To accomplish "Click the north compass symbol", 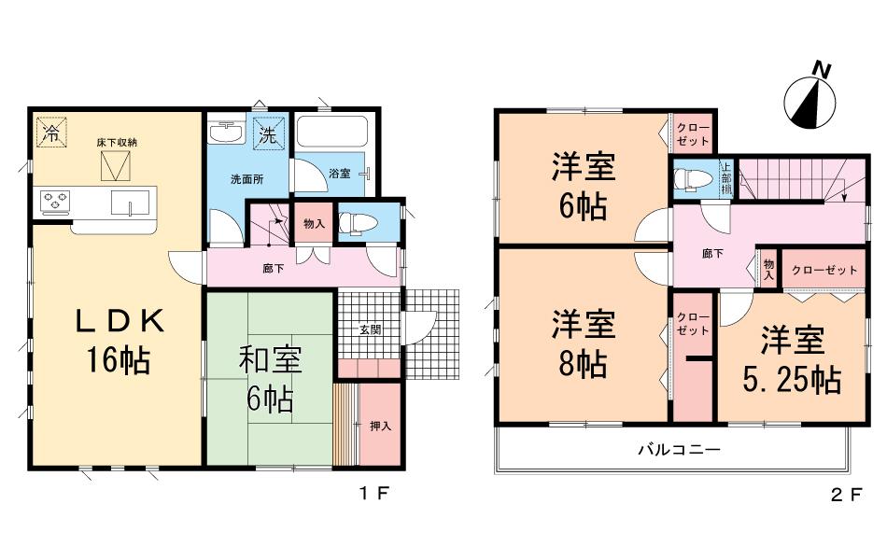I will pos(810,98).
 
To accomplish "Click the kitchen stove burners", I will pos(55,200).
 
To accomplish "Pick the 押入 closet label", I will pos(380,426).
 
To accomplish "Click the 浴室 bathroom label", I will pos(340,173).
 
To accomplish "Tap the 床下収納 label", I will pos(117,143).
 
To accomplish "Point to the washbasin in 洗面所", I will pos(225,134).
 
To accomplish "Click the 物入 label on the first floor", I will pos(315,223).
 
